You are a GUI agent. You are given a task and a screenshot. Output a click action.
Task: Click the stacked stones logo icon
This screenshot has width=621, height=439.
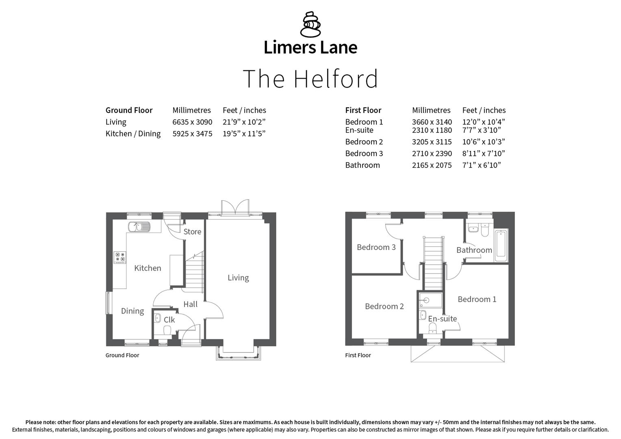point(310,24)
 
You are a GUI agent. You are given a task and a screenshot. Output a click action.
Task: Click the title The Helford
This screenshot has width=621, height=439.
point(310,79)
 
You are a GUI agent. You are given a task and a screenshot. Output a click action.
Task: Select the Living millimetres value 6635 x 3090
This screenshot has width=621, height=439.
point(192,122)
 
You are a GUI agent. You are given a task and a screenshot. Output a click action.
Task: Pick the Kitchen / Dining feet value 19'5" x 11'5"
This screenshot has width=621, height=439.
point(244,134)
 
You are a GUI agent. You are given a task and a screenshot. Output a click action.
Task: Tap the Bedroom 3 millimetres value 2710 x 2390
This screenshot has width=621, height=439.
point(432,154)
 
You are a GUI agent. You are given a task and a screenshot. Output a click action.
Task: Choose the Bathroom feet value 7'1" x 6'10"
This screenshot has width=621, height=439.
point(481,165)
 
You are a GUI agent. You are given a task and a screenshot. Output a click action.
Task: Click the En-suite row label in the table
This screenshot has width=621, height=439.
point(359,130)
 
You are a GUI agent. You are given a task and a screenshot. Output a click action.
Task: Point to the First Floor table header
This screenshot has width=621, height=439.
point(363,110)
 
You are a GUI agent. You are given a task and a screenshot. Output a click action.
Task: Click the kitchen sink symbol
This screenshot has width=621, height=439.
point(139,226)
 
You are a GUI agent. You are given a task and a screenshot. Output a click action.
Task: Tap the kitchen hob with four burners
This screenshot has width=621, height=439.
point(120,257)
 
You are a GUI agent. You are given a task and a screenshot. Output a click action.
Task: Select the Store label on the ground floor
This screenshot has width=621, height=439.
point(192,232)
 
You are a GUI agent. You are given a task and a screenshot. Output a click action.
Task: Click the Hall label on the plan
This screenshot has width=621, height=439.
point(190,304)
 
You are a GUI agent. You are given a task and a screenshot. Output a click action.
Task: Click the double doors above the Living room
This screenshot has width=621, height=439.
point(235,206)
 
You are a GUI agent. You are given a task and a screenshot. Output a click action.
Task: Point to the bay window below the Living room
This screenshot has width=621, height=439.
point(238,353)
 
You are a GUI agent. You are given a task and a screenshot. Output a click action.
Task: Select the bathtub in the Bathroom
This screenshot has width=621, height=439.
point(500,246)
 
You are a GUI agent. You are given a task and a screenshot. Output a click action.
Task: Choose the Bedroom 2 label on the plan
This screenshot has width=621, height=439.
point(384,306)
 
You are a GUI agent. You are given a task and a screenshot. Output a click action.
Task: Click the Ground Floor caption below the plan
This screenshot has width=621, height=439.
point(122,355)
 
